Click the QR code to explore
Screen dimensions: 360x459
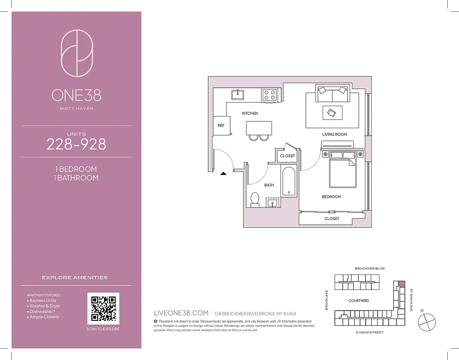(x=103, y=308)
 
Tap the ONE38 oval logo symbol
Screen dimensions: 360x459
(x=76, y=53)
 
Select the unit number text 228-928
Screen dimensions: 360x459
(x=76, y=144)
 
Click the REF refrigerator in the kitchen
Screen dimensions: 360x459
(x=221, y=126)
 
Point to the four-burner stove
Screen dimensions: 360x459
(x=270, y=94)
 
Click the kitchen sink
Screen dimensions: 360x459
(x=238, y=94)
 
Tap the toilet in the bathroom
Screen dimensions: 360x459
(x=255, y=199)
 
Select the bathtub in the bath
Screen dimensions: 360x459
(x=289, y=181)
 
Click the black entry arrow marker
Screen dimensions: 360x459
(x=223, y=173)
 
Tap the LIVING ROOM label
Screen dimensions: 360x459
(x=334, y=135)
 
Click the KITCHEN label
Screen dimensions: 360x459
(x=250, y=113)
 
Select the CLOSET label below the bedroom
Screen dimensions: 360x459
(x=332, y=219)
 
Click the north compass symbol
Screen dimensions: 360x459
(x=427, y=322)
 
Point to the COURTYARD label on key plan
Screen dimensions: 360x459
(x=359, y=301)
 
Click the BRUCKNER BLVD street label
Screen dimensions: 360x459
(x=369, y=269)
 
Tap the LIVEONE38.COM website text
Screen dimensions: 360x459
(x=181, y=313)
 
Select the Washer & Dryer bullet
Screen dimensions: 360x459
(x=45, y=306)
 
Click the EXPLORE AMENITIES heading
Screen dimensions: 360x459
(x=75, y=278)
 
